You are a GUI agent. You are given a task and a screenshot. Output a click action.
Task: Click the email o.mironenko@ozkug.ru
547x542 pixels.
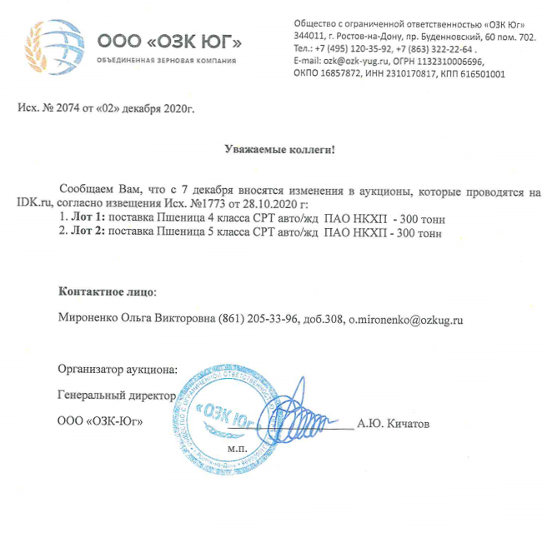[405, 319]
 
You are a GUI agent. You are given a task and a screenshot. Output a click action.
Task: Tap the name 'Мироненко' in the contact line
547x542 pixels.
[90, 319]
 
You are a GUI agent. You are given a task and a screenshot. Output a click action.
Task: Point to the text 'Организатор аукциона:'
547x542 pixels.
[118, 369]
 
